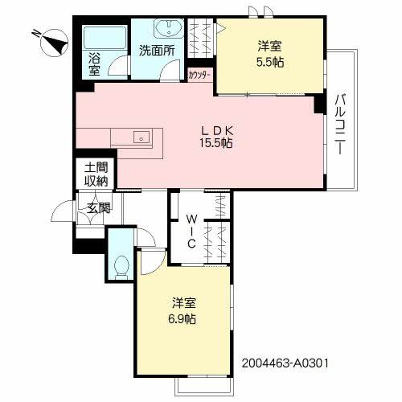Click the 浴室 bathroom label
94,65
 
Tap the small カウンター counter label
199,75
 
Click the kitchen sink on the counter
142,137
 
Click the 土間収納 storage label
95,174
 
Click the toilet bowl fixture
121,265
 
